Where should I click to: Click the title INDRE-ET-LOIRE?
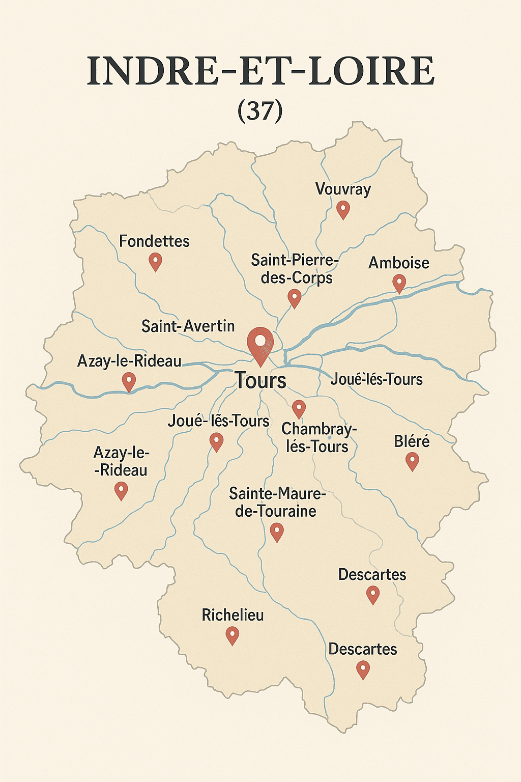click(260, 72)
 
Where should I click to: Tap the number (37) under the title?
click(260, 110)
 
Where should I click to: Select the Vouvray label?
click(343, 189)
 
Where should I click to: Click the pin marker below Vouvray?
click(343, 209)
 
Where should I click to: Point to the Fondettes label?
click(154, 241)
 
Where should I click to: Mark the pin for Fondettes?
click(155, 261)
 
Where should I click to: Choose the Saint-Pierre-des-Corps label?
click(295, 269)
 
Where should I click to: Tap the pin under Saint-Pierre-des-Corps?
click(295, 298)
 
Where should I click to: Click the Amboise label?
click(399, 263)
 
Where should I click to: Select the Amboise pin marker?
click(399, 283)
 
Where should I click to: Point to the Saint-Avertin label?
click(188, 326)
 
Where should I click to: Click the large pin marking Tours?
click(260, 344)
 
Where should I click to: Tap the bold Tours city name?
click(260, 381)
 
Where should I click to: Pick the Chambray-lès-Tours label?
click(319, 438)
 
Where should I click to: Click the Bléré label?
click(412, 441)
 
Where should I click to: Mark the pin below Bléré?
click(412, 461)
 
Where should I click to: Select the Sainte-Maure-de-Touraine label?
click(276, 502)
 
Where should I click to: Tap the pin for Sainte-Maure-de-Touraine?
click(277, 532)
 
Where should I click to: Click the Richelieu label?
click(233, 615)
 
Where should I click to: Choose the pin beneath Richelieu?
click(233, 635)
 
